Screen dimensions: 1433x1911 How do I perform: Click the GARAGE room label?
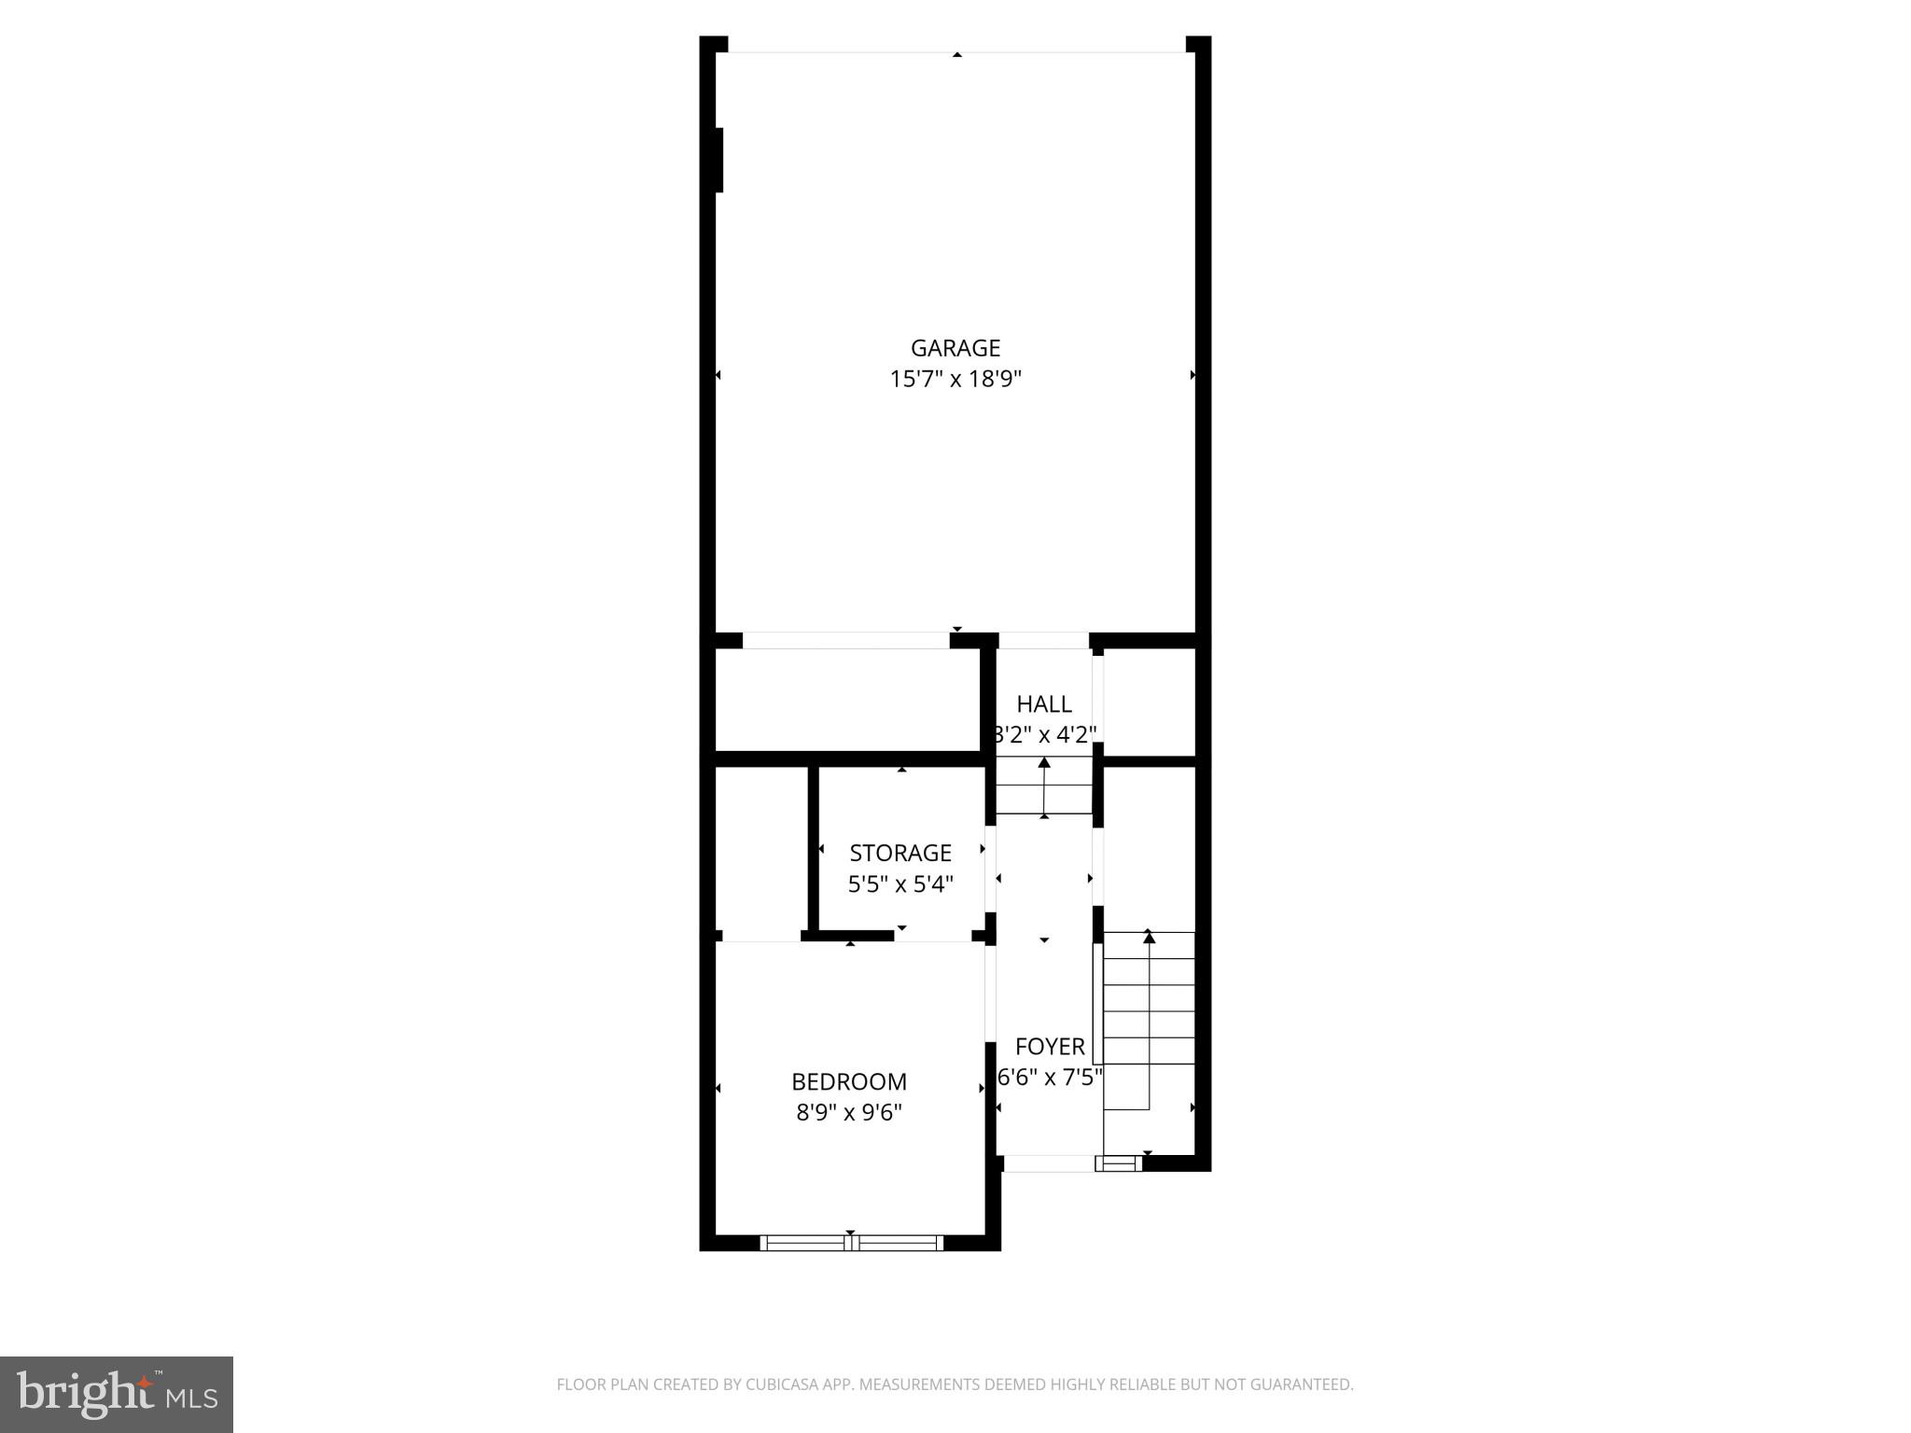pyautogui.click(x=955, y=348)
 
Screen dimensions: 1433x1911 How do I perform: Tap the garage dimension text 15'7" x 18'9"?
pyautogui.click(x=955, y=379)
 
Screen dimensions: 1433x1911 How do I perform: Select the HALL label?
pyautogui.click(x=1043, y=704)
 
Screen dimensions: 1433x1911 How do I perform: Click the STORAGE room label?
pyautogui.click(x=900, y=853)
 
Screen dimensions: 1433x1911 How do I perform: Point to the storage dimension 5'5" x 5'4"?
pyautogui.click(x=900, y=883)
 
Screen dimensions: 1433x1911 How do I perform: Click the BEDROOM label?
pyautogui.click(x=849, y=1081)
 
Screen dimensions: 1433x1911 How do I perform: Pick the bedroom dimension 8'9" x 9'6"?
pyautogui.click(x=849, y=1112)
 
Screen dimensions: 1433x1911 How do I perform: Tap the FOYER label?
pyautogui.click(x=1050, y=1046)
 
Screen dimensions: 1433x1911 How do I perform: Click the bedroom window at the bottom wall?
pyautogui.click(x=850, y=1243)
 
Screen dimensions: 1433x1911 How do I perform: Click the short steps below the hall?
pyautogui.click(x=1043, y=786)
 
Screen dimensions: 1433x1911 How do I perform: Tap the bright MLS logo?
pyautogui.click(x=117, y=1395)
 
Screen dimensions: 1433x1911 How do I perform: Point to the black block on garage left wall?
pyautogui.click(x=718, y=160)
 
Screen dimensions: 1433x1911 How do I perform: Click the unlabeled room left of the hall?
pyautogui.click(x=846, y=700)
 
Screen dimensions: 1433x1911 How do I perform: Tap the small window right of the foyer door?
pyautogui.click(x=1117, y=1163)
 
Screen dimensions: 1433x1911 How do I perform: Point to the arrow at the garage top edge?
pyautogui.click(x=956, y=55)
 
